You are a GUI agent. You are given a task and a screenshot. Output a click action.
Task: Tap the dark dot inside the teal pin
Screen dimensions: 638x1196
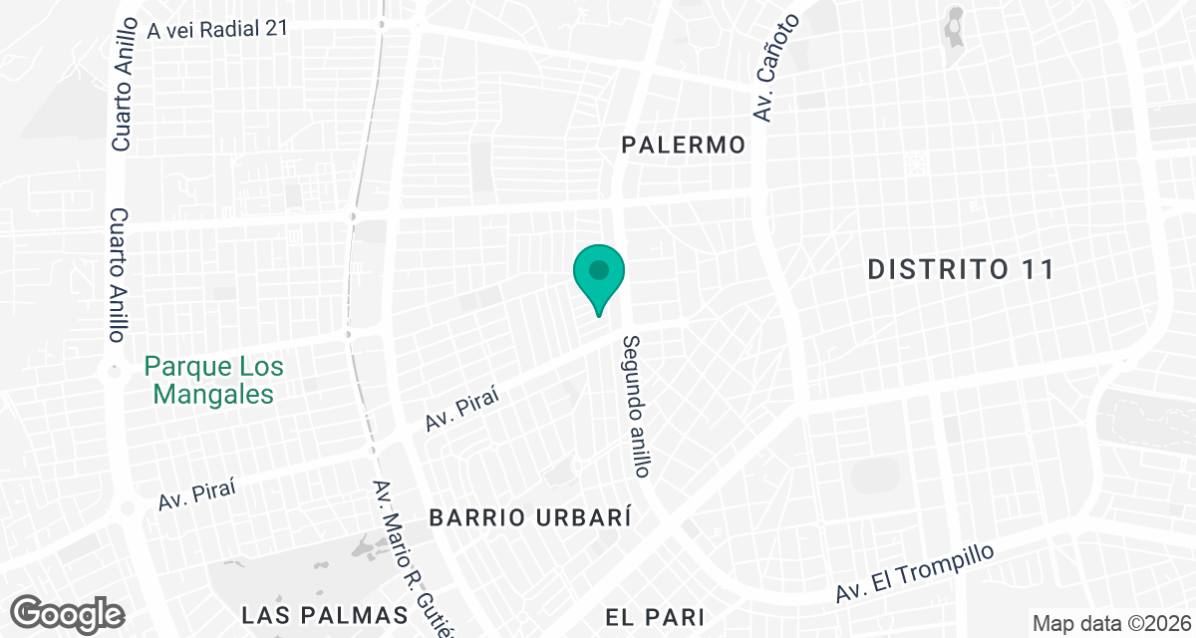[598, 270]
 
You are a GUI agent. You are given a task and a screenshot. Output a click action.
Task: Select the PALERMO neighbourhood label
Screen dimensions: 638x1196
[683, 146]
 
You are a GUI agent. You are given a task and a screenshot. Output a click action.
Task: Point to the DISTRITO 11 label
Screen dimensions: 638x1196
[960, 269]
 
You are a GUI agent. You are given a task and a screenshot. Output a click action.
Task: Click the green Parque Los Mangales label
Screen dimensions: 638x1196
[213, 380]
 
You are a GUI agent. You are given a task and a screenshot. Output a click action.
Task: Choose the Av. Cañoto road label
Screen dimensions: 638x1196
[777, 68]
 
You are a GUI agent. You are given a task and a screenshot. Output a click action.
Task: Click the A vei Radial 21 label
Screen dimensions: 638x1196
[216, 30]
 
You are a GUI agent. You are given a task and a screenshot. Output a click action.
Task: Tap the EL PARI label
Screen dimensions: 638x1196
[655, 617]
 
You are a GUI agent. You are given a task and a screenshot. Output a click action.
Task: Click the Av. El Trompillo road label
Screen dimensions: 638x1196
[915, 573]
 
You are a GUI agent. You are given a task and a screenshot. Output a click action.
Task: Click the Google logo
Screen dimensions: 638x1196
[68, 613]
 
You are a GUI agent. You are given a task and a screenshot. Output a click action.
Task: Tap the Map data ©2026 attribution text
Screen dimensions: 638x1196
[1110, 624]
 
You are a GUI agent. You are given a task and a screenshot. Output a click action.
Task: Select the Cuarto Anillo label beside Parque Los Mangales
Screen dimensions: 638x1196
[120, 274]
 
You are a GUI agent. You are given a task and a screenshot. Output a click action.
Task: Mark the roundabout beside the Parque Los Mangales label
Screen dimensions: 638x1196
[113, 371]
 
